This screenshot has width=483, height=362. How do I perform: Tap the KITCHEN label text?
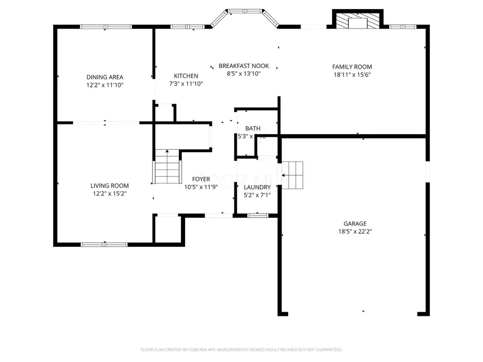pos(186,76)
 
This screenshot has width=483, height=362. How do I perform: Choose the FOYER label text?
pos(201,180)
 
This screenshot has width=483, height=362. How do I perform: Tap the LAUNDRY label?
pos(257,187)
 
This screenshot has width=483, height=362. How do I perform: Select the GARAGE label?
pos(355,224)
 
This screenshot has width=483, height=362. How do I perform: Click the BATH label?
pos(253,129)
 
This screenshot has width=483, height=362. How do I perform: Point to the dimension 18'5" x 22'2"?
pos(355,232)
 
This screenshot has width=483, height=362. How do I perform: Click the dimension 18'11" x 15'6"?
pos(352,75)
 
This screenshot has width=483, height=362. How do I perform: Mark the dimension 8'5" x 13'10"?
pos(243,74)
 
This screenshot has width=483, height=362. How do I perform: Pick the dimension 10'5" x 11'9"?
pos(201,187)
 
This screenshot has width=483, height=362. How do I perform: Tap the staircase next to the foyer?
pos(167,167)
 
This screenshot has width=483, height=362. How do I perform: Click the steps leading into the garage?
pos(292,175)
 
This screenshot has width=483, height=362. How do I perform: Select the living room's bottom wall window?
pos(104,245)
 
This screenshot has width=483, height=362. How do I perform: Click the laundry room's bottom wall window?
pos(257,216)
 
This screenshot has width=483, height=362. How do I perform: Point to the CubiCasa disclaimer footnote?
pos(241,350)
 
